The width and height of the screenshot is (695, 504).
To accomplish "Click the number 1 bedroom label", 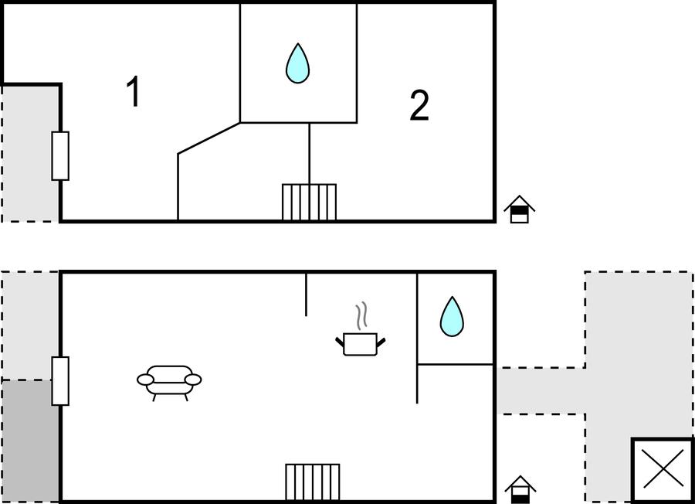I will [134, 92].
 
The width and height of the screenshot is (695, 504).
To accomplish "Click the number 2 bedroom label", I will [419, 106].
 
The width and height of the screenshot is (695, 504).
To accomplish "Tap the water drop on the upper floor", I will [297, 63].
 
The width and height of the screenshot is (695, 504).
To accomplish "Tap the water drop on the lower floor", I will [452, 317].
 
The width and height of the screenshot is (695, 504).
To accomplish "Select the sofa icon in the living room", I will [169, 381].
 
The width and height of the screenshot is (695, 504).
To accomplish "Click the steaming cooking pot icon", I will [360, 342].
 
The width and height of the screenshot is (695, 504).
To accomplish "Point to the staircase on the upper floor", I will [309, 202].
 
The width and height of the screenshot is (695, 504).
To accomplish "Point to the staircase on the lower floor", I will [312, 482].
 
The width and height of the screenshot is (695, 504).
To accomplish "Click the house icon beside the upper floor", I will [520, 209].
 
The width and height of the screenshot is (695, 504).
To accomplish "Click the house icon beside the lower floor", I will [520, 489].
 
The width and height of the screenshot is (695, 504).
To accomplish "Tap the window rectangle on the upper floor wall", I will [60, 156].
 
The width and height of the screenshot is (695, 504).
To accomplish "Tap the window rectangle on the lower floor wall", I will [60, 380].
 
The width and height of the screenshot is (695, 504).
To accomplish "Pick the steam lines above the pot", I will [361, 316].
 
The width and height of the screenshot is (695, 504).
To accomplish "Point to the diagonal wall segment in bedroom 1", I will [209, 138].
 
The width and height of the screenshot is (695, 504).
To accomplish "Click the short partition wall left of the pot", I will [306, 295].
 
